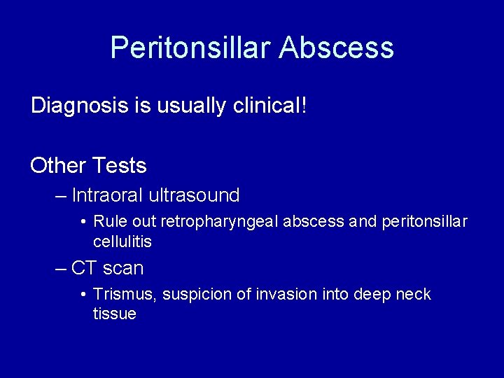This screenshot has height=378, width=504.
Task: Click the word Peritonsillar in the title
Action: click(x=190, y=48)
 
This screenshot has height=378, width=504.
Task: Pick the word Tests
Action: click(x=119, y=166)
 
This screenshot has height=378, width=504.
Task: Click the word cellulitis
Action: click(x=122, y=241)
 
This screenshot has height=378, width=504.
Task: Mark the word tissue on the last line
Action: click(x=114, y=314)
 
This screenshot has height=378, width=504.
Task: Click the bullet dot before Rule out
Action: click(x=83, y=222)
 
